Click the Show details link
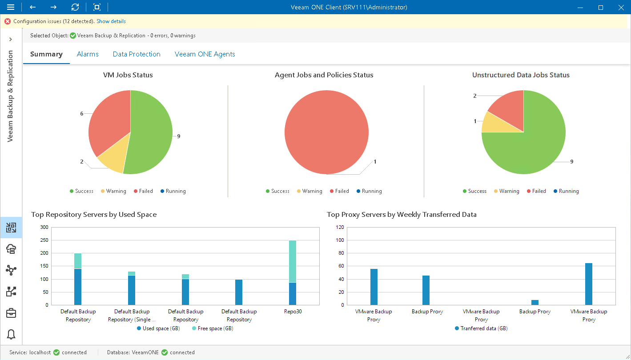tap(111, 21)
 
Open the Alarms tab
tap(88, 54)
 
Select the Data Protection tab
tap(137, 54)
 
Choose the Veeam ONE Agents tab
tap(205, 54)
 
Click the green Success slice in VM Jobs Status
tap(151, 133)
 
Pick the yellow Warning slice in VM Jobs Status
tap(112, 162)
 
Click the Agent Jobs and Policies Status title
tap(324, 75)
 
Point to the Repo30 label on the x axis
tap(293, 312)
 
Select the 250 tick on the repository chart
tap(44, 240)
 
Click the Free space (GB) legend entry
tap(212, 328)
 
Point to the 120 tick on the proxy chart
tap(340, 227)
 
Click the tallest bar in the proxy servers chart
tap(589, 284)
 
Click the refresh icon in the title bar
tap(75, 7)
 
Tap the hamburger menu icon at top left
tap(11, 7)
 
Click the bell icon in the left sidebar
tap(11, 335)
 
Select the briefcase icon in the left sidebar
tap(11, 313)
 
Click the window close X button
tap(621, 7)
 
